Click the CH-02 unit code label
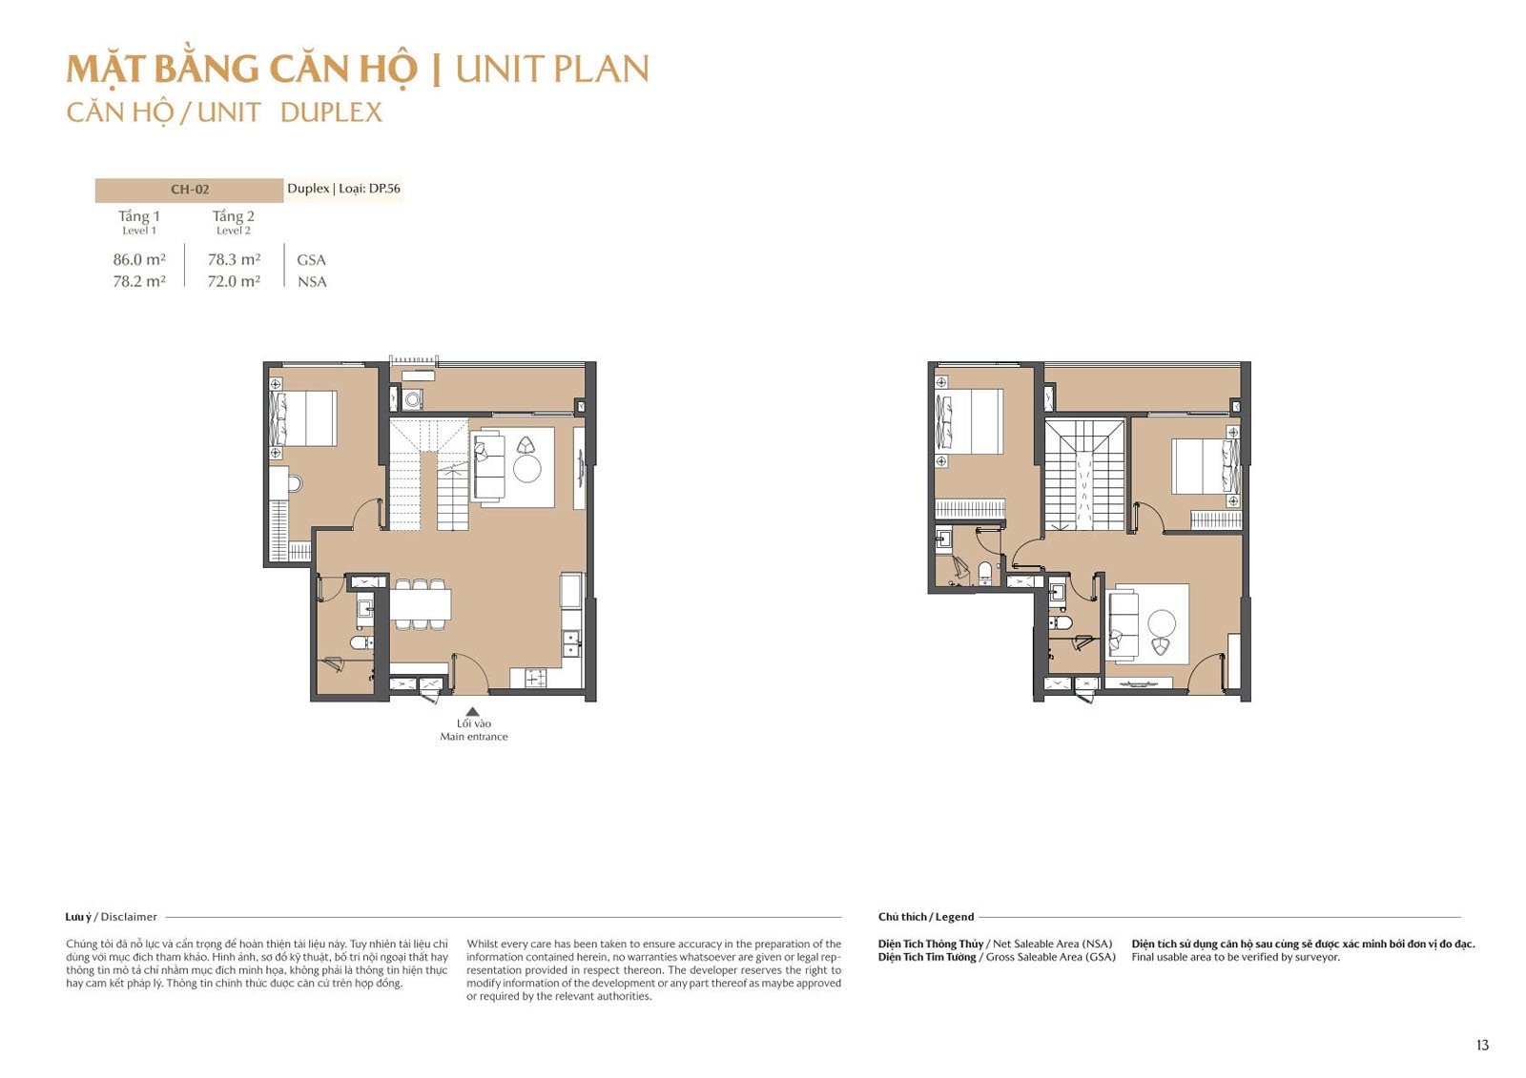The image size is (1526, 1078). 190,190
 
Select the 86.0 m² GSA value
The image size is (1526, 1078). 139,259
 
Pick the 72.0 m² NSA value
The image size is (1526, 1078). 234,281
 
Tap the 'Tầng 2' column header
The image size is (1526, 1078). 233,215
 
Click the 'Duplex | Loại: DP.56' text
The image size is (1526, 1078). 343,189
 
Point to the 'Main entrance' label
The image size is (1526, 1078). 473,736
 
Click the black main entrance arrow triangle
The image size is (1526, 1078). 472,712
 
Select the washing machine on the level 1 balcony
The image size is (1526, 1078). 412,399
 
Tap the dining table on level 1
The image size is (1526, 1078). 420,604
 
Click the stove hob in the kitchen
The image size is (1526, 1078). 534,678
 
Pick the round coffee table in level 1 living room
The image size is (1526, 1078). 526,469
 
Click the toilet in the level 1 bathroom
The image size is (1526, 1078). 361,642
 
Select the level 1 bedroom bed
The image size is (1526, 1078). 303,418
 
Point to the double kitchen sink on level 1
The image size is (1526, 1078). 571,642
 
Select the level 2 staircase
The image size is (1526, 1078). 1084,475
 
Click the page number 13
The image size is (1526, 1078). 1482,1045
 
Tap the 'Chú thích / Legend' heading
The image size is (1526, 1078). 926,917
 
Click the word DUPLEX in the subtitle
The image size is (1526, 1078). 331,112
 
